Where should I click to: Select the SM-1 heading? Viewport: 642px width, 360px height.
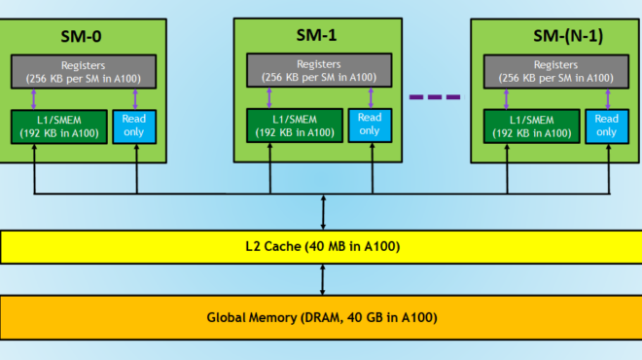(317, 35)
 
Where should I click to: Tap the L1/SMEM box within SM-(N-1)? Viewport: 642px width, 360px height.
(526, 126)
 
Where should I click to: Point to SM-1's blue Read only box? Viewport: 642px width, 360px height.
(370, 125)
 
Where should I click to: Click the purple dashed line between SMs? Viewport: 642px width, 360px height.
(435, 96)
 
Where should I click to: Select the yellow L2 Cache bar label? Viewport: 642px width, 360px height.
(321, 247)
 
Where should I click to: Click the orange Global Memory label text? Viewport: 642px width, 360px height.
(321, 317)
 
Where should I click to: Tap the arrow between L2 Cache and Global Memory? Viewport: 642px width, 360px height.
(322, 280)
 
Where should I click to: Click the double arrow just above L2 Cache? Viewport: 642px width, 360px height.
(322, 212)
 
